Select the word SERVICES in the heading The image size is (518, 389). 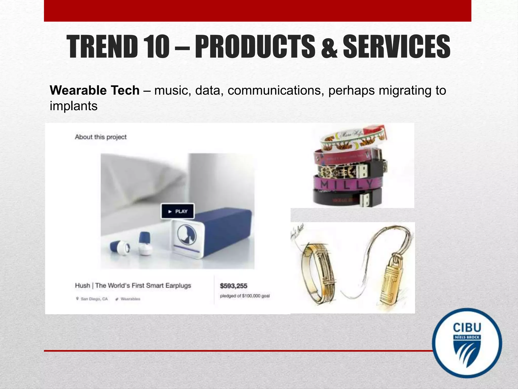pos(396,47)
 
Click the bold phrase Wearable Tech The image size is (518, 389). pos(95,90)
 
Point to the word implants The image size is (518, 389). pos(74,106)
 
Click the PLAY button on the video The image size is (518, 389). pos(178,211)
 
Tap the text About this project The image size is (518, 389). pos(101,137)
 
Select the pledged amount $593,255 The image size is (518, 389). pos(233,286)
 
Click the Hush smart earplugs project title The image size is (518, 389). pos(133,286)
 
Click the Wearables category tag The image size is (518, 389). pos(130,299)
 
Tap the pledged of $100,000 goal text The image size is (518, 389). pos(245,296)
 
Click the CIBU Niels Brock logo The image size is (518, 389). pos(467,343)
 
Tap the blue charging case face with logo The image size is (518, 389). pos(187,236)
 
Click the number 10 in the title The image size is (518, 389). pos(157,47)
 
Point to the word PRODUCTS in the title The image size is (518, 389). pos(255,47)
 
